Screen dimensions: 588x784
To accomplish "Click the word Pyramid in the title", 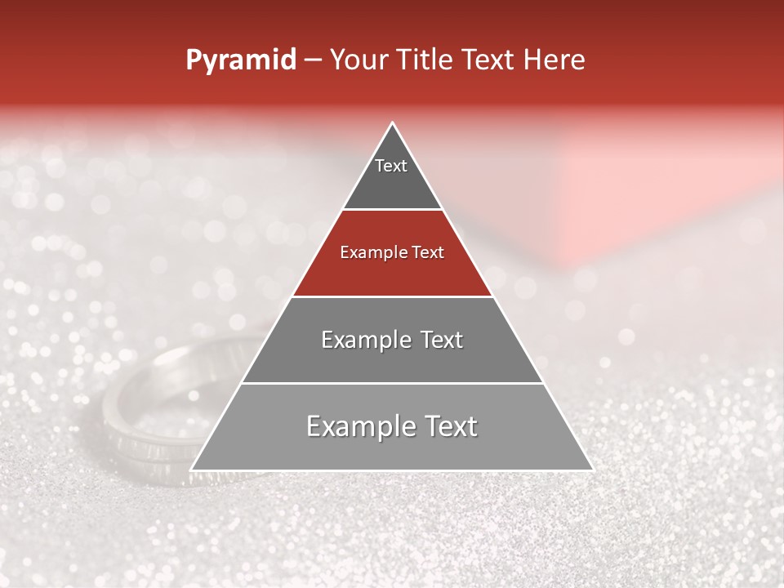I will coord(240,60).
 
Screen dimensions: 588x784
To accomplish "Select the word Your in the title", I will coord(355,60).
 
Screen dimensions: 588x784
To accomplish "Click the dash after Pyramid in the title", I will coord(312,60).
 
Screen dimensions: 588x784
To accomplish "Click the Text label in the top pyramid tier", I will coord(391,166).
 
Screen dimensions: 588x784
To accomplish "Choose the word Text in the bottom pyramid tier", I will coord(448,426).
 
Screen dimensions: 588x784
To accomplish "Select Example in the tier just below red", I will coord(364,340).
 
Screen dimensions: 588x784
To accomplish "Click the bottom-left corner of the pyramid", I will coord(192,470).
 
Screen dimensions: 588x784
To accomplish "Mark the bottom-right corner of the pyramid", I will coord(592,470).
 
